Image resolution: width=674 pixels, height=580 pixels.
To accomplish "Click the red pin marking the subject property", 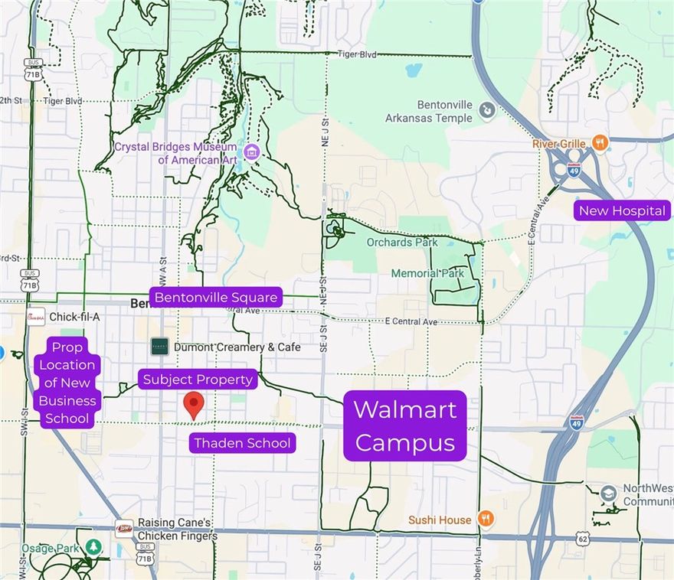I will (x=195, y=404).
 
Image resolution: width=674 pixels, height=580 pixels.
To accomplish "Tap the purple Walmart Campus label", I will (x=405, y=425).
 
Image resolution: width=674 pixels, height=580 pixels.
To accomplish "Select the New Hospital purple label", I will (x=622, y=211).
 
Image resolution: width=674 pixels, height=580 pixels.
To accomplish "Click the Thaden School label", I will (x=242, y=443).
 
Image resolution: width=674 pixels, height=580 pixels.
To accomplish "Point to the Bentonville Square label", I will (x=216, y=297).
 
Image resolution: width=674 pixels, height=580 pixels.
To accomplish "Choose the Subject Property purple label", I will (x=198, y=380).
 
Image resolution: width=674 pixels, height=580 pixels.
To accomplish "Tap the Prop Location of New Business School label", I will (x=67, y=383).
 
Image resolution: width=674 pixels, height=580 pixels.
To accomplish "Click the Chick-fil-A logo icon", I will (x=35, y=317).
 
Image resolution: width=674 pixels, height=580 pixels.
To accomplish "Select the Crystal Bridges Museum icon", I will (x=250, y=152).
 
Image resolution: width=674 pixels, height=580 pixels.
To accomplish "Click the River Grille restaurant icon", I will (x=600, y=143).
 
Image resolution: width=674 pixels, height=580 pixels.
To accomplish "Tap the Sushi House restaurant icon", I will (x=484, y=520).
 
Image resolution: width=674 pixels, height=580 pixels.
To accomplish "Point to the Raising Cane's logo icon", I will (x=123, y=528).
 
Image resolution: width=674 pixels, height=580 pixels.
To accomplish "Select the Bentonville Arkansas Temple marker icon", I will (x=486, y=112).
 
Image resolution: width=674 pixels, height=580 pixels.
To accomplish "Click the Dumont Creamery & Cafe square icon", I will (x=159, y=347).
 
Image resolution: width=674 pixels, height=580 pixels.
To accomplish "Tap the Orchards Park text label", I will (x=402, y=243).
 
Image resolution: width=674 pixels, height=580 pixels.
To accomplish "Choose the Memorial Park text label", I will (x=427, y=273).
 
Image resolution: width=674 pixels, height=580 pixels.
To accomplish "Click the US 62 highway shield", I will (x=585, y=539).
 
